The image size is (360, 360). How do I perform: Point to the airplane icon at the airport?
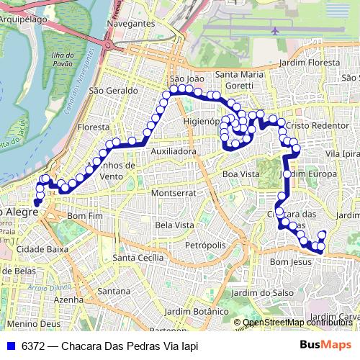276,31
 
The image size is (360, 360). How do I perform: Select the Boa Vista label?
240,174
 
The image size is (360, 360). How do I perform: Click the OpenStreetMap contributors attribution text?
297,323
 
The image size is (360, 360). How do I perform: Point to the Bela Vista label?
175,225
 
